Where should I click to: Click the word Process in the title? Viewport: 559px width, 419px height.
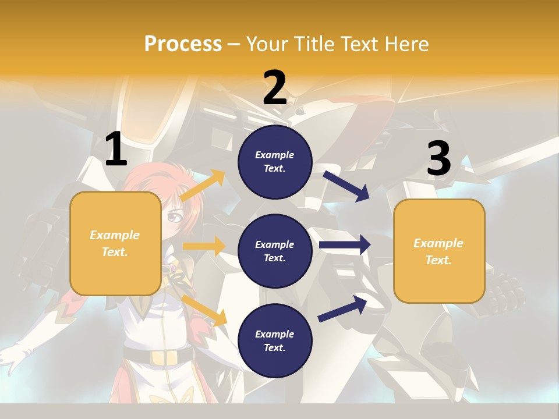pyautogui.click(x=183, y=44)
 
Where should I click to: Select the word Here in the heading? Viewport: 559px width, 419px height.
pyautogui.click(x=405, y=44)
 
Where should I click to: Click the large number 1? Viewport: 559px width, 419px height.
pyautogui.click(x=116, y=149)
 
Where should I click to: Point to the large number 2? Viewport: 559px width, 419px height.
pyautogui.click(x=275, y=87)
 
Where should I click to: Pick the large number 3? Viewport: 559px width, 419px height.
pyautogui.click(x=438, y=159)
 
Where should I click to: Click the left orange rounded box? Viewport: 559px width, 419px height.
pyautogui.click(x=115, y=243)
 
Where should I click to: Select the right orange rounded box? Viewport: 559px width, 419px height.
pyautogui.click(x=439, y=251)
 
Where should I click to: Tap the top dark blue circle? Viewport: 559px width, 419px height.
pyautogui.click(x=275, y=162)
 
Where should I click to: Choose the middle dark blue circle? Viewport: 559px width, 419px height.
pyautogui.click(x=275, y=251)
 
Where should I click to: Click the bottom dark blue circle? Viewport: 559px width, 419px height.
pyautogui.click(x=275, y=340)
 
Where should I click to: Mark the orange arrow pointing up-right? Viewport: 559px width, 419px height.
pyautogui.click(x=203, y=186)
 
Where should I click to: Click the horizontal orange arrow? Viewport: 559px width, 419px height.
pyautogui.click(x=204, y=246)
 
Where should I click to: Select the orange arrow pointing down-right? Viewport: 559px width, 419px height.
pyautogui.click(x=204, y=310)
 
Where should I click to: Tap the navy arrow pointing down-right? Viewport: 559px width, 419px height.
pyautogui.click(x=346, y=186)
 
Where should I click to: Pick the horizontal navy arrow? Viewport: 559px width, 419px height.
pyautogui.click(x=345, y=245)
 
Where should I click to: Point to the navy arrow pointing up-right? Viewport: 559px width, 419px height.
pyautogui.click(x=342, y=308)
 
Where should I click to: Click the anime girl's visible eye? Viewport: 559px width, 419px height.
pyautogui.click(x=174, y=218)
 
